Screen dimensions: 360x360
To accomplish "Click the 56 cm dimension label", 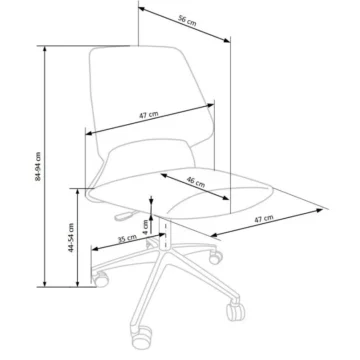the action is [x=187, y=21].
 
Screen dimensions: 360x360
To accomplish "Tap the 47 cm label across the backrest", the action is [x=148, y=115].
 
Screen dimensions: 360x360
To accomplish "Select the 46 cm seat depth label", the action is [x=196, y=182].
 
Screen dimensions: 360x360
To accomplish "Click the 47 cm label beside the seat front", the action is [x=264, y=219].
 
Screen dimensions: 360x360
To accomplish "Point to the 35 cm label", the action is [x=127, y=239].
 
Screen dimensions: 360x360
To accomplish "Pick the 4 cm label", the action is [x=146, y=227].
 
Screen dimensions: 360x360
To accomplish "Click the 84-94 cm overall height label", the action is [x=38, y=166].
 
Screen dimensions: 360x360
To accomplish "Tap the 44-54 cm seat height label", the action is [x=71, y=237].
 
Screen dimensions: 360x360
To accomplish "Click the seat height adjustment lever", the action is [x=125, y=216].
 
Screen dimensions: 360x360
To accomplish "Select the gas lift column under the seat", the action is [x=165, y=233].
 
